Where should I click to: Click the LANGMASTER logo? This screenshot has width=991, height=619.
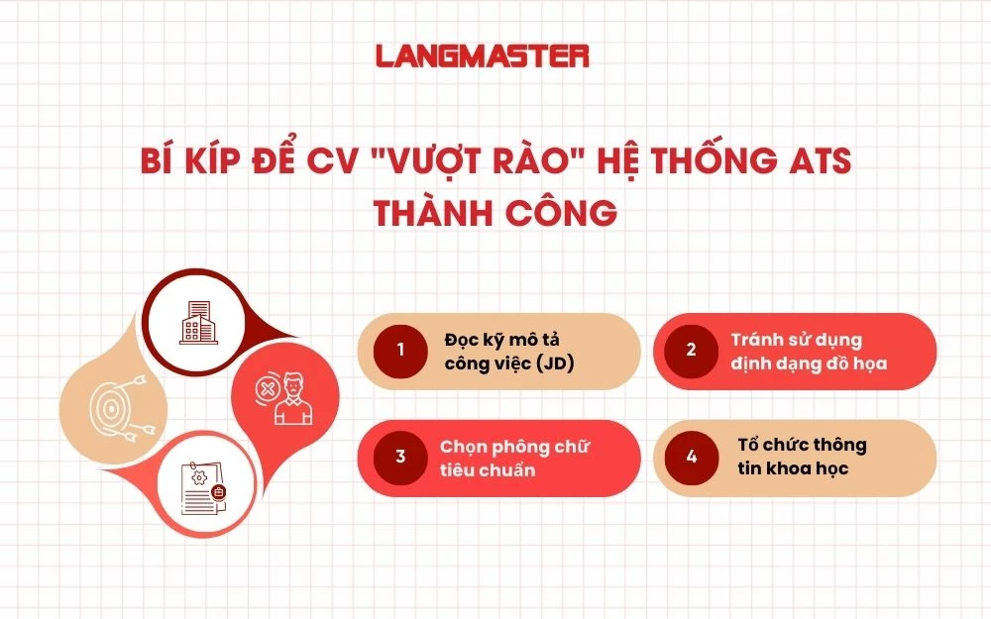(483, 56)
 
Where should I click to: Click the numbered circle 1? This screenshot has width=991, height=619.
(400, 350)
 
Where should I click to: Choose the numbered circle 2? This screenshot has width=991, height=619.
(691, 350)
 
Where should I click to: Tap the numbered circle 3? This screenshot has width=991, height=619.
(400, 457)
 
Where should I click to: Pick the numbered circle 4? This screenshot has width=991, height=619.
(691, 457)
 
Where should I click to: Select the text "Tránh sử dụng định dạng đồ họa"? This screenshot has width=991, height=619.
(809, 351)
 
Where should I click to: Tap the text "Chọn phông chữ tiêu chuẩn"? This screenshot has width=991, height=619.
(514, 458)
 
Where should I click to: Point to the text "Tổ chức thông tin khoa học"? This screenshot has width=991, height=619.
(797, 457)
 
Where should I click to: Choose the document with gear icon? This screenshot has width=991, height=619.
(202, 486)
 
